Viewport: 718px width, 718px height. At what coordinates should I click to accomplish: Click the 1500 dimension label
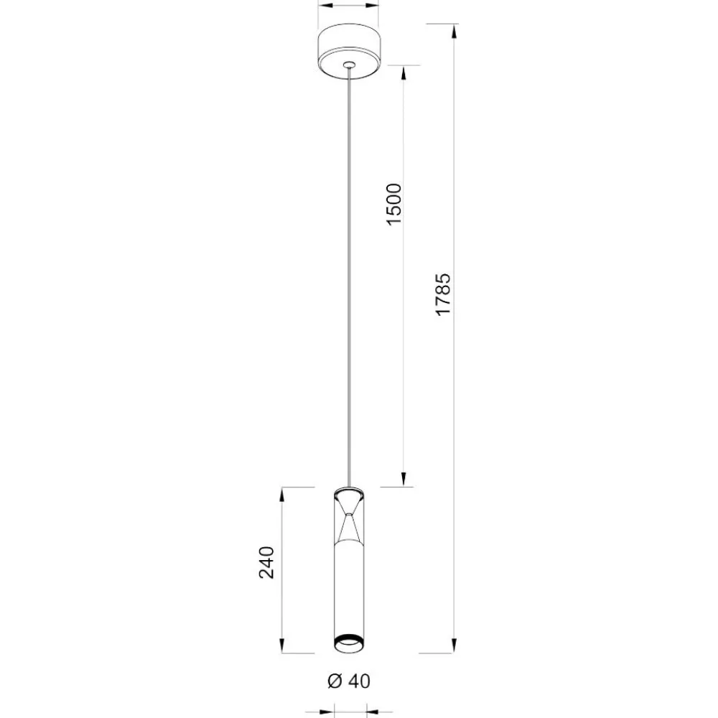click(x=393, y=204)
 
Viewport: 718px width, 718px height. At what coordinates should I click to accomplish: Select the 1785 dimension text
click(x=443, y=294)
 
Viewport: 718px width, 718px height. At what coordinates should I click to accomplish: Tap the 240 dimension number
click(x=266, y=562)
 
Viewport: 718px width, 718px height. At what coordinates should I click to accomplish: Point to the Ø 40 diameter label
click(x=349, y=681)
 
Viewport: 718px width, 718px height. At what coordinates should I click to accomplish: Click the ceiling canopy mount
click(x=348, y=51)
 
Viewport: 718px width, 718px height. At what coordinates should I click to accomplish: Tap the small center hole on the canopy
click(x=350, y=65)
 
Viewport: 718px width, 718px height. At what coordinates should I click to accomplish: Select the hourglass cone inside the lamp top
click(x=350, y=515)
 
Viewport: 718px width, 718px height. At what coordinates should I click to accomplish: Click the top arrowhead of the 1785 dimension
click(x=454, y=31)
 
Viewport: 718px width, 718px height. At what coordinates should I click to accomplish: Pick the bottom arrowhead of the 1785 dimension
click(x=454, y=645)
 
